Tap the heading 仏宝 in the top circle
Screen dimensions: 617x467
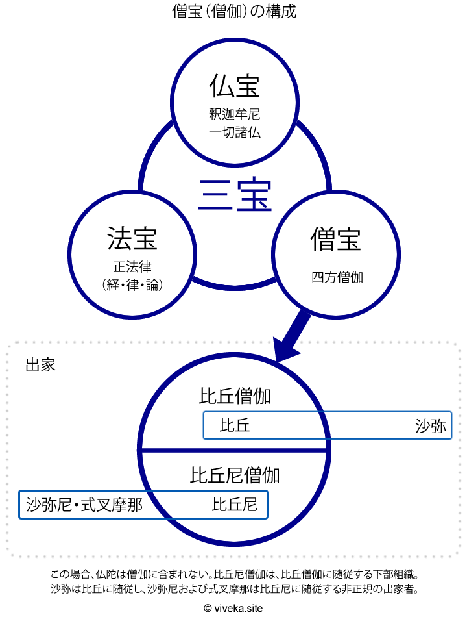(x=234, y=86)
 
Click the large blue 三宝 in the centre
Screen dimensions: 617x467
(x=234, y=195)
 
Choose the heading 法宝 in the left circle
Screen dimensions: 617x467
(x=132, y=238)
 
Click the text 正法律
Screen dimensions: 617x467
(x=132, y=266)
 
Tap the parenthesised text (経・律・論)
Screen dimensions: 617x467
(x=132, y=284)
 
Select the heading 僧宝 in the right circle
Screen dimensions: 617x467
(x=336, y=238)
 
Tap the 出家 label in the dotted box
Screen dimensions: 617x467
(x=40, y=364)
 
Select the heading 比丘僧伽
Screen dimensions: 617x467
(x=235, y=396)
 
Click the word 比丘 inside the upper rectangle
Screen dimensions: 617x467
(x=235, y=426)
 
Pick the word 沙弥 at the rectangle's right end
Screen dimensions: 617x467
(x=431, y=426)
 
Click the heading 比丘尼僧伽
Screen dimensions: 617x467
(x=235, y=475)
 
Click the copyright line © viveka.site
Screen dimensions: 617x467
(x=233, y=608)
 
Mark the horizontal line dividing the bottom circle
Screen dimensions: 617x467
(x=195, y=450)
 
